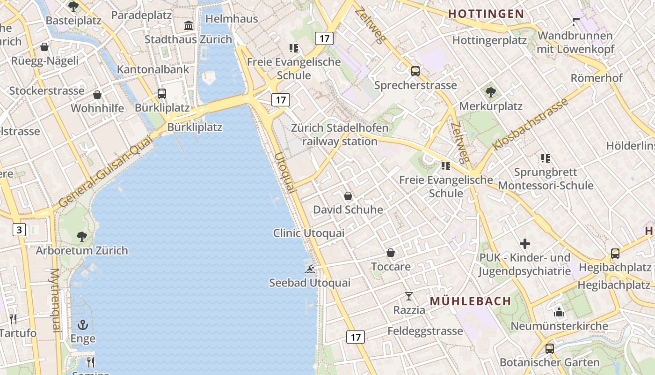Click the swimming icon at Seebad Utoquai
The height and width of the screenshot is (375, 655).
310,269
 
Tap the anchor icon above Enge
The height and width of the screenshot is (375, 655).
83,324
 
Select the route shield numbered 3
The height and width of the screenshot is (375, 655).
19,230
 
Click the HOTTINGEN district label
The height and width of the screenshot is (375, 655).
486,14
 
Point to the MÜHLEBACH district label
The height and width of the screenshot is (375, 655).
470,301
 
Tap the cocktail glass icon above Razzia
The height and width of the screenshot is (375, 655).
409,296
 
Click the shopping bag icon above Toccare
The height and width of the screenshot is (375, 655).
391,253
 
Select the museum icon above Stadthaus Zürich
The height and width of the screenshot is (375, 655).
189,25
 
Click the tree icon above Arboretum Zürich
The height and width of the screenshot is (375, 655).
82,236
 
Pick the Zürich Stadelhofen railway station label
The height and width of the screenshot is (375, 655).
340,134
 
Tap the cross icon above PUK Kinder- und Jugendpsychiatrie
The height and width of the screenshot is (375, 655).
525,244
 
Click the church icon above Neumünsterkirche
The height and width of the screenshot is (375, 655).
559,312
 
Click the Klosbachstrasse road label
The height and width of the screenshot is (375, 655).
531,124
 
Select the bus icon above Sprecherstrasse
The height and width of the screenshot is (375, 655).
415,71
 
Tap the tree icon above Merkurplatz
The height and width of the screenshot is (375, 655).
490,92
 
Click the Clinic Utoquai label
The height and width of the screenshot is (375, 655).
309,233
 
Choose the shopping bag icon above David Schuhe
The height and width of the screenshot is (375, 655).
348,196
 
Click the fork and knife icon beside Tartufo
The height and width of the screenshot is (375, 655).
13,319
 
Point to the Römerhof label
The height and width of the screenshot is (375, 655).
597,78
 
